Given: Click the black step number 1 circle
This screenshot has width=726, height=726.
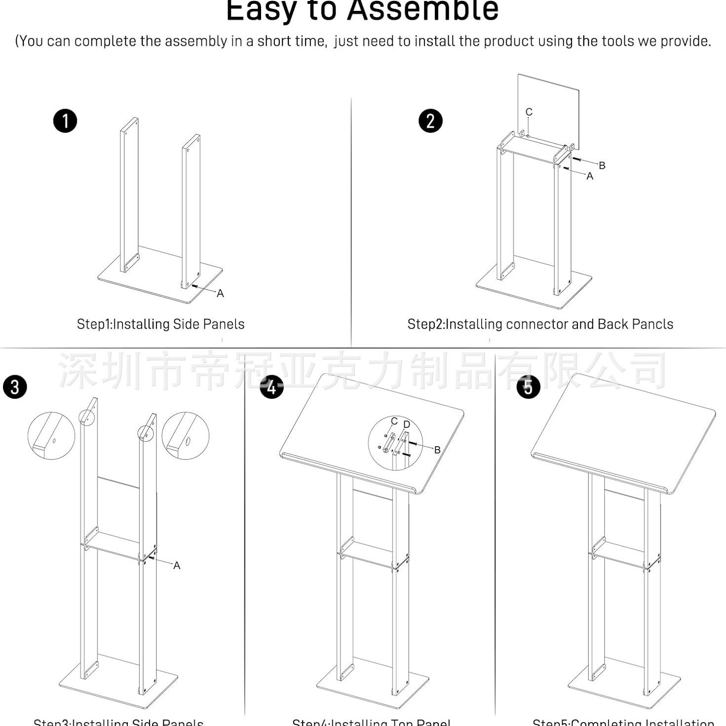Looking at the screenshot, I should pyautogui.click(x=65, y=121).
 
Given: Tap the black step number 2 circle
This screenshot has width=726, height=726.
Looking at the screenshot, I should pyautogui.click(x=430, y=121).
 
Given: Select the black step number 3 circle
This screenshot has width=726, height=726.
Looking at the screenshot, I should pyautogui.click(x=15, y=387).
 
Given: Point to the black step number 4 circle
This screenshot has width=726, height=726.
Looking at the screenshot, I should pyautogui.click(x=271, y=387).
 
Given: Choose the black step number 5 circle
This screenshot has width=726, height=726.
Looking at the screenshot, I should pyautogui.click(x=528, y=387).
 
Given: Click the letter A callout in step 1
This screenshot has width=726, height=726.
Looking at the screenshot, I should pyautogui.click(x=220, y=294).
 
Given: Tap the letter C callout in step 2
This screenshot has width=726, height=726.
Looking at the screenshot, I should pyautogui.click(x=529, y=112).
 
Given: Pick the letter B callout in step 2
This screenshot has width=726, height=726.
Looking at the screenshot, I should pyautogui.click(x=602, y=165).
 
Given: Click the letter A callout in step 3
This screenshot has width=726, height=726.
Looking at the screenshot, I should pyautogui.click(x=177, y=566).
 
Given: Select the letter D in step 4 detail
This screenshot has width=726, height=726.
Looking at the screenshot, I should pyautogui.click(x=406, y=424).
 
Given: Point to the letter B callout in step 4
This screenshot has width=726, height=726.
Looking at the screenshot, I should pyautogui.click(x=437, y=450).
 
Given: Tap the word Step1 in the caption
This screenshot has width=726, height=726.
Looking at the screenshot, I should pyautogui.click(x=94, y=324).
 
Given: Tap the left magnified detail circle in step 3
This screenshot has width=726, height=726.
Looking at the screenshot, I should pyautogui.click(x=51, y=436).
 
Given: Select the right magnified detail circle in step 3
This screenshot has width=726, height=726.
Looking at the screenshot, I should pyautogui.click(x=186, y=436).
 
